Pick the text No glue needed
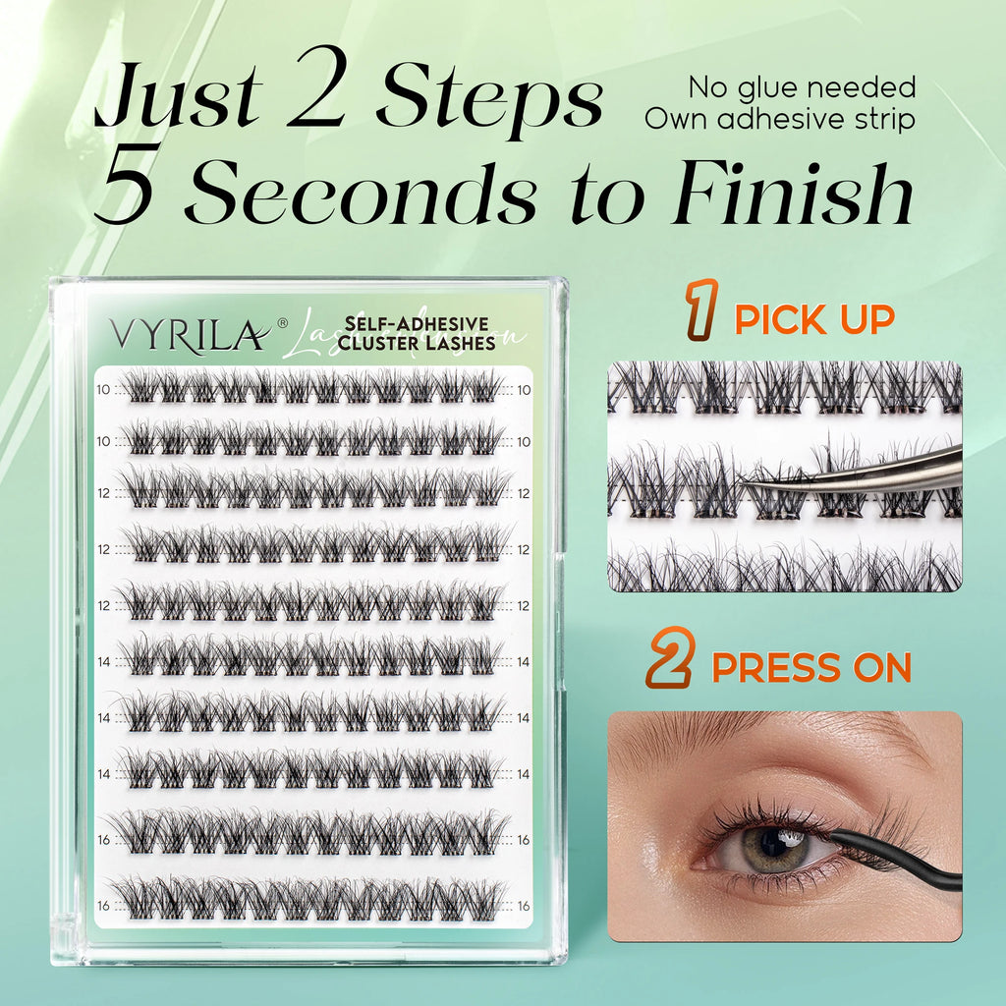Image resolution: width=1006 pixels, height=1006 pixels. click(x=802, y=86)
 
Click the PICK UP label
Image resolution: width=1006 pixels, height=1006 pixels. click(x=814, y=319)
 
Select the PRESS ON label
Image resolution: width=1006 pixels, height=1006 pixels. click(x=811, y=668)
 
